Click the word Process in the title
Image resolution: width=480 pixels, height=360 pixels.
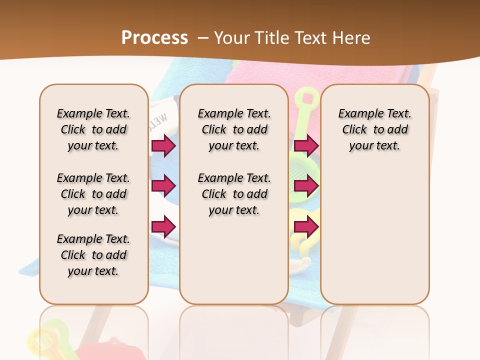[154, 37]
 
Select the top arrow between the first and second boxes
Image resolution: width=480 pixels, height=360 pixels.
[163, 145]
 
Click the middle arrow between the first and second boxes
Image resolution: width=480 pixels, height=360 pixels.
[163, 186]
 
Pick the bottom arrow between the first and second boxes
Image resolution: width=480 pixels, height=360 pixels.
[163, 226]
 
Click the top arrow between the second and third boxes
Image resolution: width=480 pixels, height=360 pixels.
[306, 145]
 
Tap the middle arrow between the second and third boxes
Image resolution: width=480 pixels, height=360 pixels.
[306, 186]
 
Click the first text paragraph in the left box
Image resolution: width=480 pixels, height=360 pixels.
[93, 129]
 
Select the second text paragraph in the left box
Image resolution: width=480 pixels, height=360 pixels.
[93, 194]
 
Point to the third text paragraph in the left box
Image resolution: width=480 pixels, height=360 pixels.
[93, 255]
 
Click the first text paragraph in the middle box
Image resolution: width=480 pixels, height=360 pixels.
[234, 129]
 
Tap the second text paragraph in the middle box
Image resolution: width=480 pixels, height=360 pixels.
[234, 194]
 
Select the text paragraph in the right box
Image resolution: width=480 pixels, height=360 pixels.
[375, 129]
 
